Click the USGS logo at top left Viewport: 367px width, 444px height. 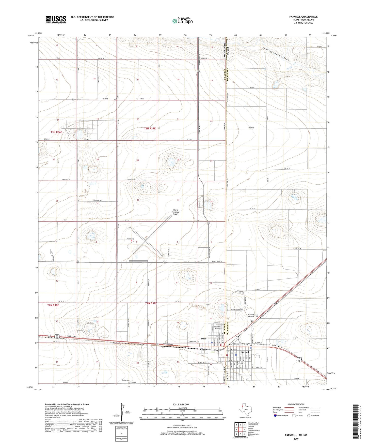click(56, 19)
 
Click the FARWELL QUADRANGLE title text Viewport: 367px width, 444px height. click(303, 17)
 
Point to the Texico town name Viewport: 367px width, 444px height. click(203, 338)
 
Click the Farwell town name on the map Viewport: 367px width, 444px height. click(245, 352)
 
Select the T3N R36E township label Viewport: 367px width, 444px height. click(56, 132)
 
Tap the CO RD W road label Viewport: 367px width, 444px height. click(298, 248)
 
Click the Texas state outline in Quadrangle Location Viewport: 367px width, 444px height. click(244, 411)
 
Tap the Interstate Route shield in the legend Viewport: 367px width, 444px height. click(275, 416)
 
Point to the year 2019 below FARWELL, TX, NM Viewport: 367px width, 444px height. click(296, 439)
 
